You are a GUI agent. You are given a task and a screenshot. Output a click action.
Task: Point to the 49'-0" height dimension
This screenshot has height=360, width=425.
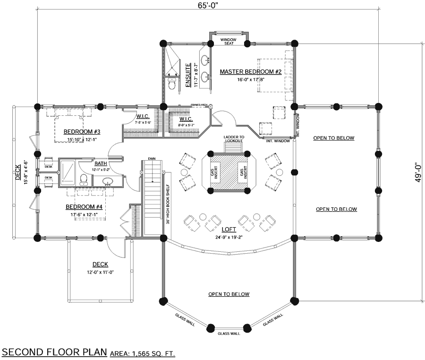click(x=417, y=172)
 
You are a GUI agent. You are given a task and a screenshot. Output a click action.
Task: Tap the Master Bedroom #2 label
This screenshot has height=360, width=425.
click(x=251, y=72)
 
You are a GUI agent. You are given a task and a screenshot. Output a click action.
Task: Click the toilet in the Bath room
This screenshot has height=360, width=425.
click(x=84, y=179)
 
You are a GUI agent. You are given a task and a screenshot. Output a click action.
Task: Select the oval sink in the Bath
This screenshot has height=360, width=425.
click(x=107, y=181)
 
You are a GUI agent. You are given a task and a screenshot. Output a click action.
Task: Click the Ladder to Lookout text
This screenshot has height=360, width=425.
click(x=233, y=139)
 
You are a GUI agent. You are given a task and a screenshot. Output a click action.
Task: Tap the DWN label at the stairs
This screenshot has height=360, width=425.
click(x=152, y=159)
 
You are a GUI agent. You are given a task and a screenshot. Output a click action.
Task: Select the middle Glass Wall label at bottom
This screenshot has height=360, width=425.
click(x=229, y=334)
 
